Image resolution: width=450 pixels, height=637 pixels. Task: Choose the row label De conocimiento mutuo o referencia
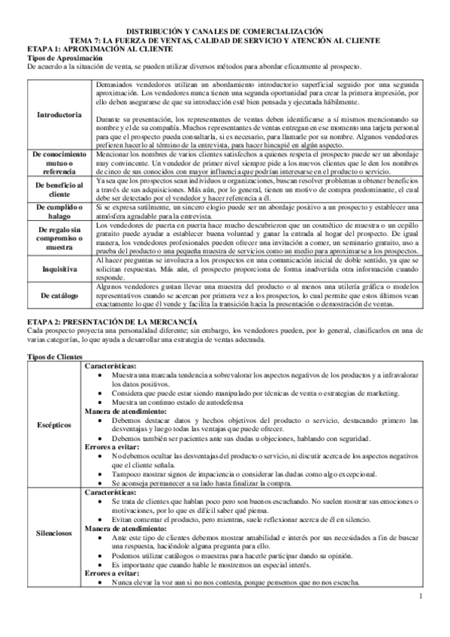click(x=59, y=162)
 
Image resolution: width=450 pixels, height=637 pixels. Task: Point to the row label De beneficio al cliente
click(x=59, y=189)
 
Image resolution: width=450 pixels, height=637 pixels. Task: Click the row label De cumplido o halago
click(x=59, y=211)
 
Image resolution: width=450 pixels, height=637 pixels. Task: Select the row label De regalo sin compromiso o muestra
click(x=59, y=237)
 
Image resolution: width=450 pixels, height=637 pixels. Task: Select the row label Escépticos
click(x=54, y=424)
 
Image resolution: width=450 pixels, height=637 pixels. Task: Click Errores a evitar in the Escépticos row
click(x=110, y=445)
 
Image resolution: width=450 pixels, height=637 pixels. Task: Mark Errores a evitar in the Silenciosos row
click(x=110, y=572)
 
